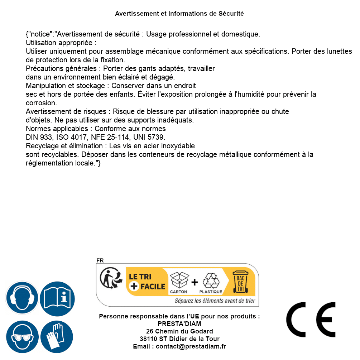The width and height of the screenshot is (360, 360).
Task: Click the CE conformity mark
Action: [311, 320]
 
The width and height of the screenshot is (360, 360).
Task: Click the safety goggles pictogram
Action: [22, 337]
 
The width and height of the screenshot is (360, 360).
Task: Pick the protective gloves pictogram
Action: [57, 337]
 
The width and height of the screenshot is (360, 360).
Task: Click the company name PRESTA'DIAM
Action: [179, 324]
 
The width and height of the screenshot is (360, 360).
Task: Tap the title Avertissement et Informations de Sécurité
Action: [179, 14]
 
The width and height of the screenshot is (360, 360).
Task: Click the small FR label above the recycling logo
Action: [100, 260]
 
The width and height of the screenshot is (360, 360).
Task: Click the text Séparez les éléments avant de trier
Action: [215, 301]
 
